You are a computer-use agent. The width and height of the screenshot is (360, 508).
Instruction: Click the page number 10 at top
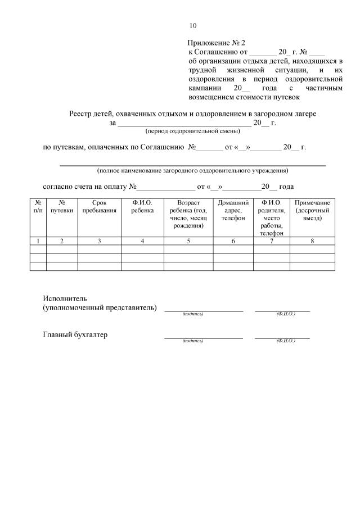coord(193,26)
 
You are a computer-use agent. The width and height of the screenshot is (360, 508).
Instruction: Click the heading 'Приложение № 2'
coord(217,43)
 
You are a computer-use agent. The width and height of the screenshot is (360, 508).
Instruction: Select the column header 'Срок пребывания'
coord(99,206)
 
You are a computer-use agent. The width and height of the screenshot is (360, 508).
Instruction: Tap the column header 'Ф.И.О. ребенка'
coord(142,206)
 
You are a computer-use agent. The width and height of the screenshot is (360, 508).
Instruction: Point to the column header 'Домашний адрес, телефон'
coord(233,210)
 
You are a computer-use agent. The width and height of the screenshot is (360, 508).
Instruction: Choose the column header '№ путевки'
coord(61,206)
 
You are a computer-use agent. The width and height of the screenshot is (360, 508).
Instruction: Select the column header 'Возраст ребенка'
coord(188,214)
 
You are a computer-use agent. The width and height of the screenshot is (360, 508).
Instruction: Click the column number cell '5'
coord(188,241)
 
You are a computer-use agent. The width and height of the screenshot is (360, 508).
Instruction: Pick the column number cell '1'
coord(38,241)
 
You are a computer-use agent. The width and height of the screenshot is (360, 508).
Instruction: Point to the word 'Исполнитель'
coord(65,298)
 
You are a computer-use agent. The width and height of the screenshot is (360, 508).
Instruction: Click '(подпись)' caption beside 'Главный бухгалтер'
coord(192,341)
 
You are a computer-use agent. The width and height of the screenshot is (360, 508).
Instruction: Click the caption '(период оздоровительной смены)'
coord(192,131)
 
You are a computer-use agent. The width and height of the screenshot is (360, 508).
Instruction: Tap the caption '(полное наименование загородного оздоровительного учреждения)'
coord(192,170)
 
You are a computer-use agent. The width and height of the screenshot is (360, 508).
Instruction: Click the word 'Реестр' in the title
coord(80,114)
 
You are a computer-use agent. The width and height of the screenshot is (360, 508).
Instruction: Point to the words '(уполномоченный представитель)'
coord(100,308)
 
